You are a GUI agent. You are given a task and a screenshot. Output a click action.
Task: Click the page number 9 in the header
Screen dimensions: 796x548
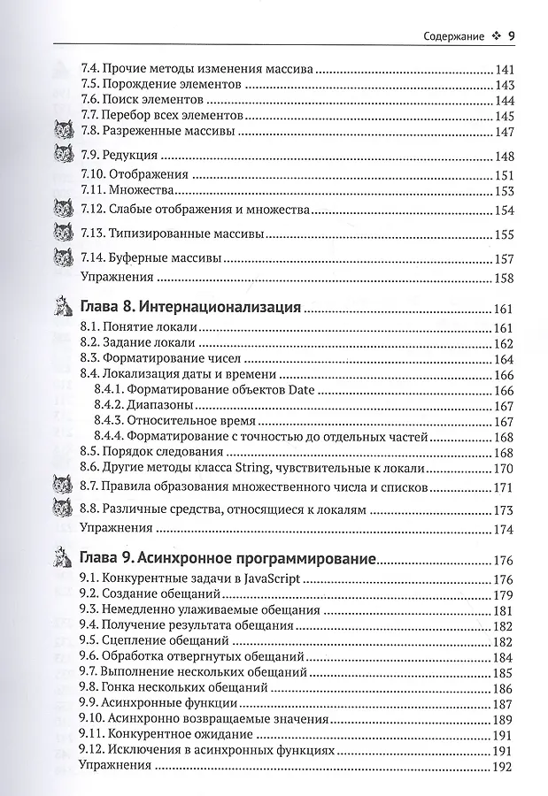click(x=512, y=36)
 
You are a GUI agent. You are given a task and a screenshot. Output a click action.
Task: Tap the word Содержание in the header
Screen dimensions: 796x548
click(x=452, y=37)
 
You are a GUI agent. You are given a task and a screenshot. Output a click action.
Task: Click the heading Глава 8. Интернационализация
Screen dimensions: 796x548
click(x=190, y=309)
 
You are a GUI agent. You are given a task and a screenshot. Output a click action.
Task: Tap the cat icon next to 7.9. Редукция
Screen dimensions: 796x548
click(x=63, y=157)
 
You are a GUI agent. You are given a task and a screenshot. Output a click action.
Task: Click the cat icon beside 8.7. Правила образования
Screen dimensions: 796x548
click(x=63, y=486)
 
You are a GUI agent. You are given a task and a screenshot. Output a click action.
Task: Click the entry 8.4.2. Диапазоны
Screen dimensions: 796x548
click(x=143, y=405)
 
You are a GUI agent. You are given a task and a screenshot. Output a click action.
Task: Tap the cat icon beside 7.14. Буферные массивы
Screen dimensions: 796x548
click(x=63, y=258)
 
